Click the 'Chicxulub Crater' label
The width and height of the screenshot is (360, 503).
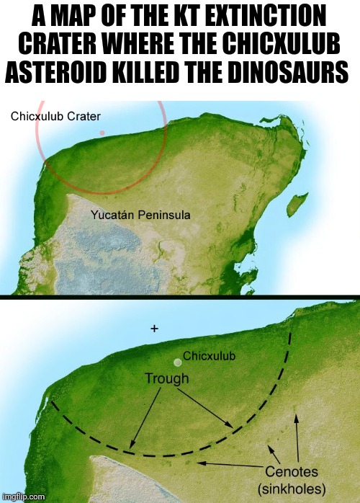point(55,115)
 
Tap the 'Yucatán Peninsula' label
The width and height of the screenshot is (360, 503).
point(140,215)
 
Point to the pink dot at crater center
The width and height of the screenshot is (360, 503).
point(102,133)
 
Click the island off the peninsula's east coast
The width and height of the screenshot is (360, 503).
point(292,204)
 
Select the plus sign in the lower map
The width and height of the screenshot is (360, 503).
point(154,328)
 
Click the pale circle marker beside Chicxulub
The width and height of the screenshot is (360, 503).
point(177,362)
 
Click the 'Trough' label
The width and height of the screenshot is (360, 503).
point(166,378)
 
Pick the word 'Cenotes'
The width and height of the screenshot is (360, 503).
point(293,472)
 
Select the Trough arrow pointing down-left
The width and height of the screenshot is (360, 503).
point(142,417)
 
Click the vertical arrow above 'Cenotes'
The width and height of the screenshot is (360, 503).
point(296,436)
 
